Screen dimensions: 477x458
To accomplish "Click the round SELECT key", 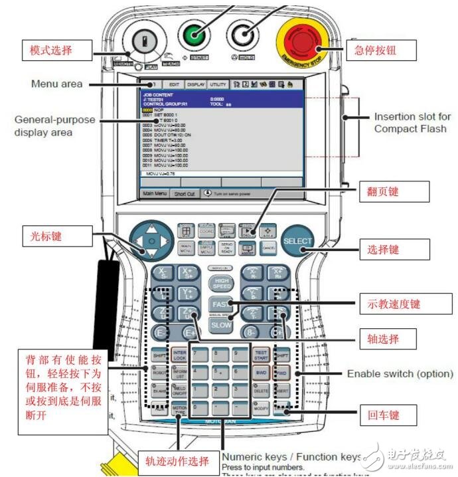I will click(x=297, y=240).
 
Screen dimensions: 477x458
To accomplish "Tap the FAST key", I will click(x=221, y=304).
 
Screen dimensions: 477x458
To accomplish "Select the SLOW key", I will click(x=221, y=325).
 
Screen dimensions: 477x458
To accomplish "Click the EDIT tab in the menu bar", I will click(x=174, y=84).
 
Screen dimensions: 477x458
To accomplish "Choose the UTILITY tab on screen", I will click(x=217, y=84).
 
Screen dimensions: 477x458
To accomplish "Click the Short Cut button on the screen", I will click(x=185, y=194).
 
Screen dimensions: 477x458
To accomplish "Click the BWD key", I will click(x=262, y=374).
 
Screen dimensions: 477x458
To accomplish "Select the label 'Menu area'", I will click(x=56, y=84).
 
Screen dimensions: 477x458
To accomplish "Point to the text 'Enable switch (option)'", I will click(x=400, y=374).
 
